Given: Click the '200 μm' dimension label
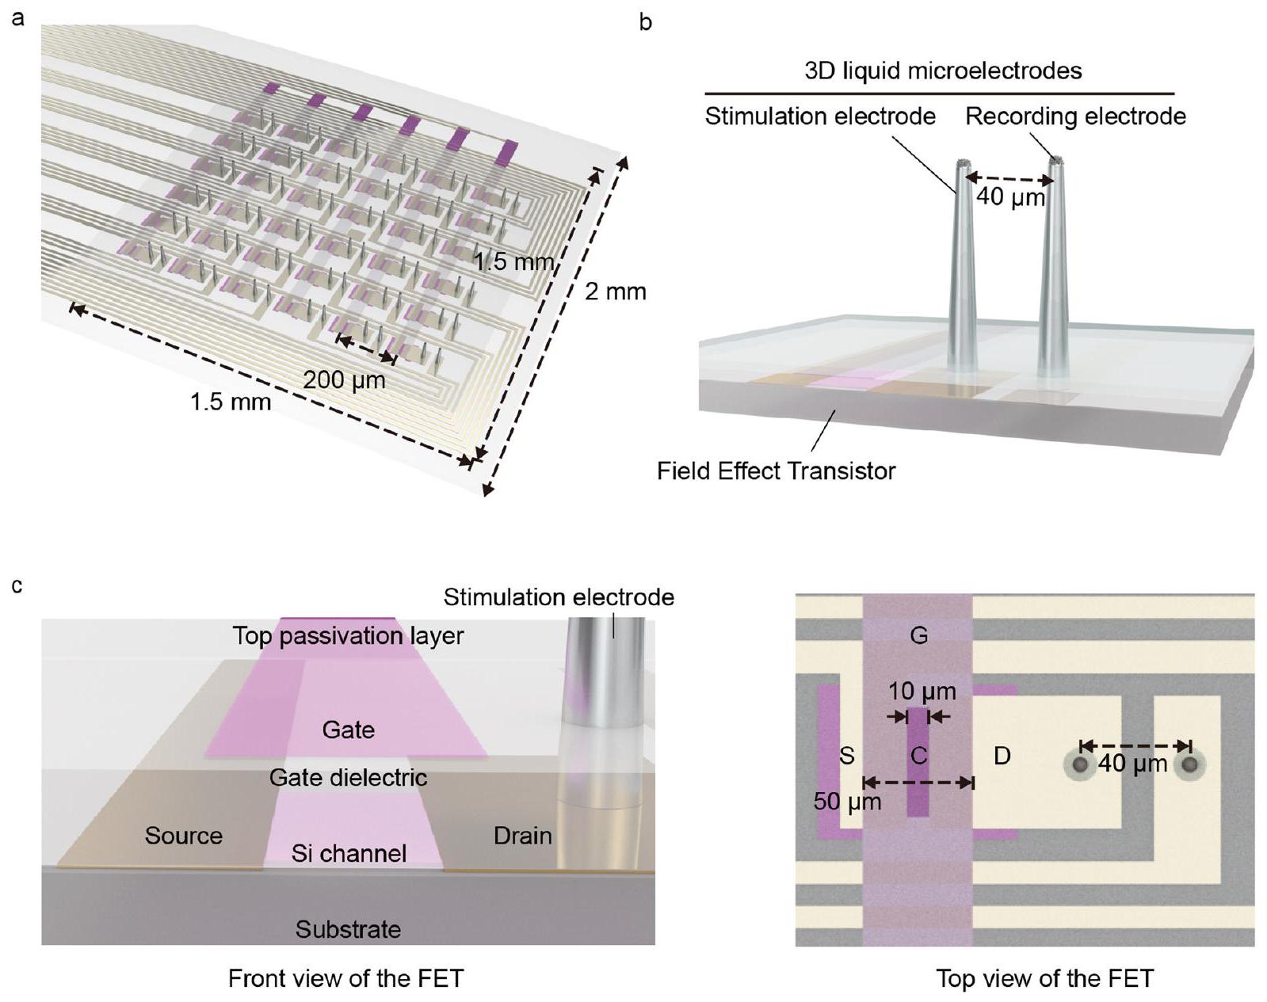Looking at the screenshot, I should pos(344,380).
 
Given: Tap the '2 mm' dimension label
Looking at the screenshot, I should pos(616,291).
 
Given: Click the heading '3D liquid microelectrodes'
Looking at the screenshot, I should pos(943,70).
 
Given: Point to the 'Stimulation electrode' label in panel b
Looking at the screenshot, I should pos(820,116).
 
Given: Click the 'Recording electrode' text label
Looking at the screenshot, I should pos(1075,116).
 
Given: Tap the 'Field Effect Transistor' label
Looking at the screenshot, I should pos(776,471).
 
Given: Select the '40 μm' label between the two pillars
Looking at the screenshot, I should pos(1010,196).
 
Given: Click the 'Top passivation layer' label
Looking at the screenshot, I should pos(348,635).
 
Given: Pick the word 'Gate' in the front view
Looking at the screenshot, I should pos(348,729).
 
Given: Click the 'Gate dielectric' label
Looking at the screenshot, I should pos(348,778).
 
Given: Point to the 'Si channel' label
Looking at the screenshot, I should pos(349,853).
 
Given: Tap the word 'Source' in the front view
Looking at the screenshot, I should pos(183,836).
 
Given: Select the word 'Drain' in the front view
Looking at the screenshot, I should pos(522,836).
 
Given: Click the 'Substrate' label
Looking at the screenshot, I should pos(348,929).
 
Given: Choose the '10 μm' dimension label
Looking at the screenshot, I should pos(922,691).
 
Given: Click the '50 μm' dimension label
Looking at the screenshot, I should pos(847,802).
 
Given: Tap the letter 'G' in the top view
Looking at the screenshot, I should pos(918,635).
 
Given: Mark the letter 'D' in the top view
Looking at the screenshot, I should pos(1002,756).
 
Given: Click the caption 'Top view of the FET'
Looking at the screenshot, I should pos(1044,978).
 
